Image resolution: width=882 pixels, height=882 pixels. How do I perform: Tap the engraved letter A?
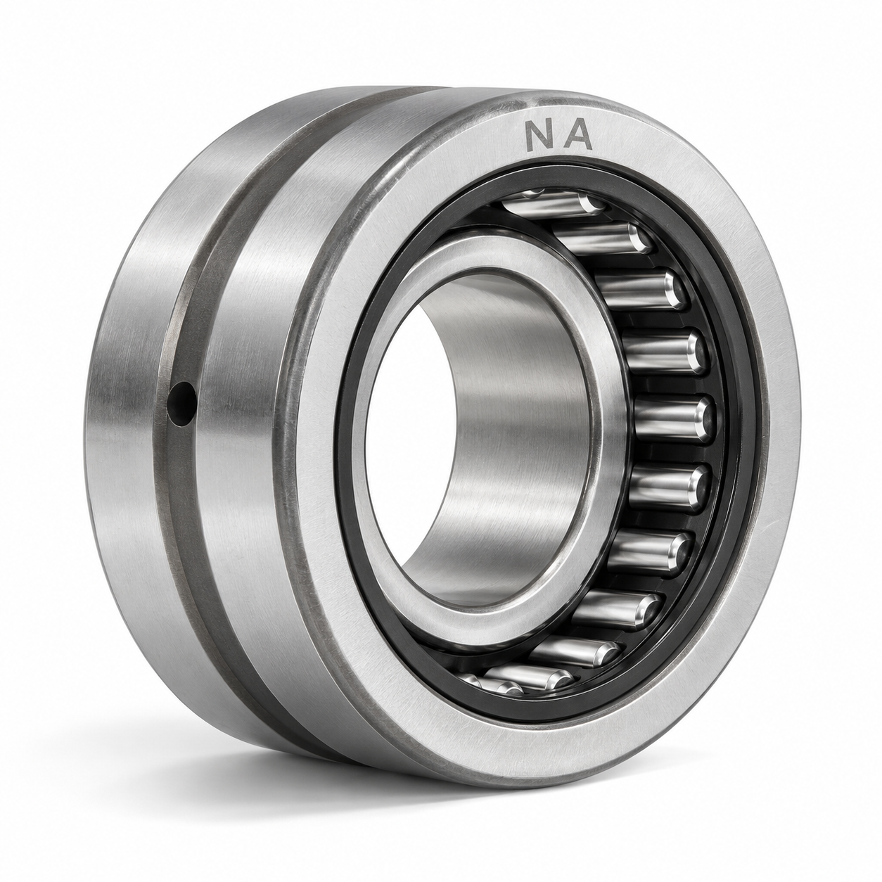tap(577, 136)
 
